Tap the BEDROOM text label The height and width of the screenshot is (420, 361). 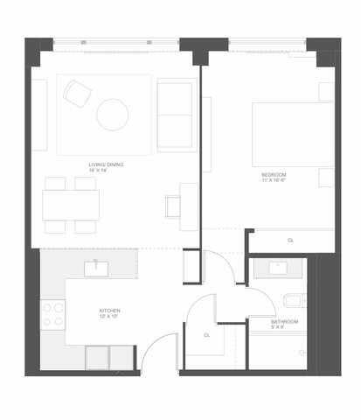point(274,175)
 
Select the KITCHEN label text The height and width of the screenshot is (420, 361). point(109,311)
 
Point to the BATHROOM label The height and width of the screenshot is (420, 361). point(284,322)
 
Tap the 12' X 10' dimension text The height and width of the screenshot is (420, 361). point(109,318)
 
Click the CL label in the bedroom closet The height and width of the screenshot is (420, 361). point(290,240)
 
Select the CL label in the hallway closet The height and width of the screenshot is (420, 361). point(206,334)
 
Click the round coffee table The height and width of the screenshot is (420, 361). point(112,114)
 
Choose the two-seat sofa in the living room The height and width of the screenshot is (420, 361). point(177,115)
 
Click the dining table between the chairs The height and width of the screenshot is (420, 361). point(71,205)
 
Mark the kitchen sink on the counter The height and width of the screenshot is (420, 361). point(95,268)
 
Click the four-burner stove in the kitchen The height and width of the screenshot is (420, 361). point(53,314)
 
